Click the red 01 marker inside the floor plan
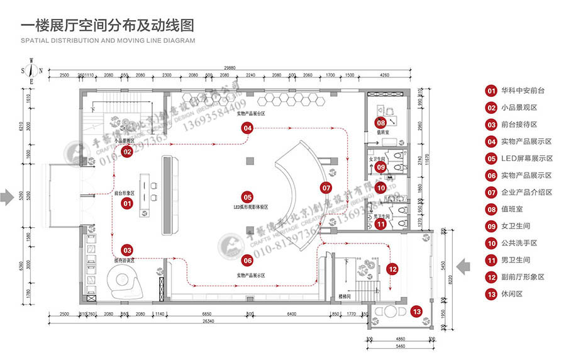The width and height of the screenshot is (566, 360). (x=126, y=203)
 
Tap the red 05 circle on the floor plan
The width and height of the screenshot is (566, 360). (x=247, y=197)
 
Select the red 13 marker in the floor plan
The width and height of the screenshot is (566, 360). (x=416, y=311)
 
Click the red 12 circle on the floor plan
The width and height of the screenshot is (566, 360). (x=392, y=269)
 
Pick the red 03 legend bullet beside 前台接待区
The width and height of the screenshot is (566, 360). (x=491, y=125)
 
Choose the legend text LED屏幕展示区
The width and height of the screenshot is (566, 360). (x=527, y=159)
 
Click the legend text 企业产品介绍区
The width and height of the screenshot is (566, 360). (x=527, y=193)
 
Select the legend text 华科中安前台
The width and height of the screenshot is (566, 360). (x=523, y=91)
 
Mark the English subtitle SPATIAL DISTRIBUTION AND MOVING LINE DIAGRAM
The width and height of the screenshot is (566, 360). (x=108, y=40)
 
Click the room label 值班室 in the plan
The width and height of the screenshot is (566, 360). (x=381, y=133)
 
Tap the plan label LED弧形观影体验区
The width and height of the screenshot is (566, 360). (x=247, y=207)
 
